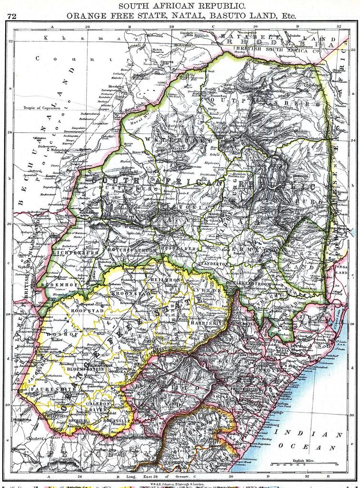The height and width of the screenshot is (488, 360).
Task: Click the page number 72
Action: [x=12, y=17]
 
